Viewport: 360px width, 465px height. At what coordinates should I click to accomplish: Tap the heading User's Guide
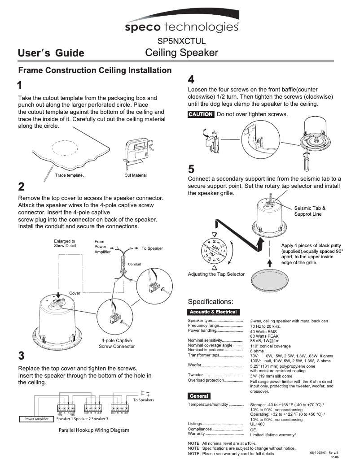pos(51,53)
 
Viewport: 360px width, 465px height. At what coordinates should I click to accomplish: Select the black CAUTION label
pos(201,114)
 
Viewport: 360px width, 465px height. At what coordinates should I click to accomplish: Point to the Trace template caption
pos(69,175)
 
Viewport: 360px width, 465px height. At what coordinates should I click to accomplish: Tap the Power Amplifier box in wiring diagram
pos(34,419)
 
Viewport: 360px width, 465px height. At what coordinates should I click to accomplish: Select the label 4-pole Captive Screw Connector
pos(117,343)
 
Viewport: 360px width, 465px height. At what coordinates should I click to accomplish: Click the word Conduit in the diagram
pos(134,264)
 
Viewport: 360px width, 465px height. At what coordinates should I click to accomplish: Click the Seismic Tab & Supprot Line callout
pos(310,211)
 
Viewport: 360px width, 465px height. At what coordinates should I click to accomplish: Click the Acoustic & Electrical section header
pos(213,312)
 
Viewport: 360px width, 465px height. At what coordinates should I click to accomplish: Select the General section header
pos(199,396)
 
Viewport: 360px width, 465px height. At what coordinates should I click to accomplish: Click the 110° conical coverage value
pos(270,346)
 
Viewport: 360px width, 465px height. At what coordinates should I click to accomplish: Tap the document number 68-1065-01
pos(318,453)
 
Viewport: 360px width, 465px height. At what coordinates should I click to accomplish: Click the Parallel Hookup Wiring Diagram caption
pos(94,430)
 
